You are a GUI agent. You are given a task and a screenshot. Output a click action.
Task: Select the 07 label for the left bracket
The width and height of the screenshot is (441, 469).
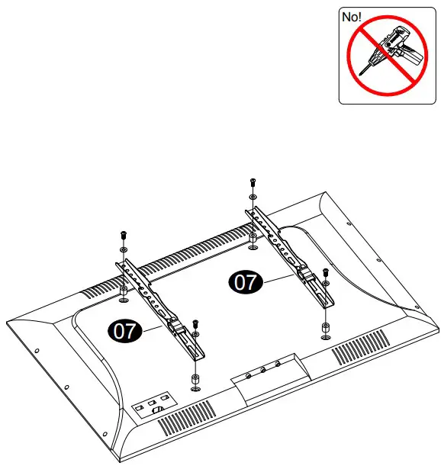pyautogui.click(x=123, y=330)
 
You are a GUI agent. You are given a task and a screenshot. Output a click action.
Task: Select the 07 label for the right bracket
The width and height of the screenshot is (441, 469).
pyautogui.click(x=245, y=282)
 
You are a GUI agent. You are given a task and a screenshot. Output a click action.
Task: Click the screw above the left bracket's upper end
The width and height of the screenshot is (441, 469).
pyautogui.click(x=122, y=236)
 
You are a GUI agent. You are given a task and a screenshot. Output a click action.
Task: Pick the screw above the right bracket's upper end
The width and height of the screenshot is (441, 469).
pyautogui.click(x=253, y=184)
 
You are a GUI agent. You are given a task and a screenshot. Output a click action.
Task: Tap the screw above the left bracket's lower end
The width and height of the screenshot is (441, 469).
pyautogui.click(x=195, y=325)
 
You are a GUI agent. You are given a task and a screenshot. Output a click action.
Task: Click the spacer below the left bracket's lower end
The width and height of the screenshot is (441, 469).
pyautogui.click(x=195, y=379)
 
